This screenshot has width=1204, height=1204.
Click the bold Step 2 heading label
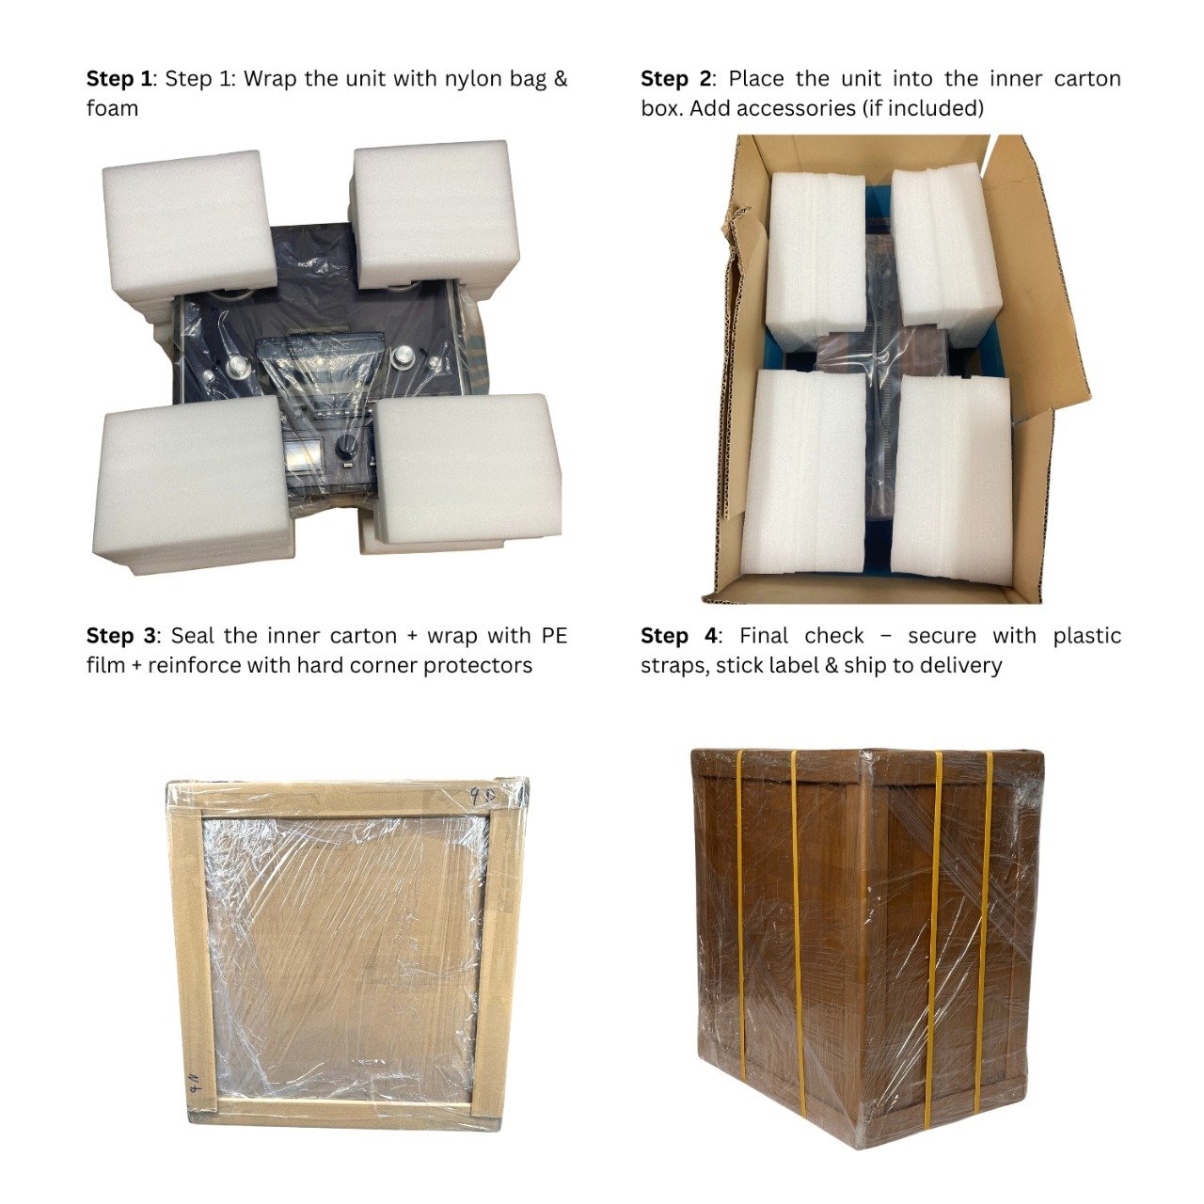click(675, 79)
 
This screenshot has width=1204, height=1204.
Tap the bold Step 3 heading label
click(120, 636)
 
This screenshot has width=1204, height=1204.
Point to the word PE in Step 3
click(554, 636)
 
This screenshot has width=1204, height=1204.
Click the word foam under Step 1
click(113, 108)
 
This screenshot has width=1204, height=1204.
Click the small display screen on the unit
click(304, 452)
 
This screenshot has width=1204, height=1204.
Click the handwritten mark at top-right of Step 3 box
click(482, 798)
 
